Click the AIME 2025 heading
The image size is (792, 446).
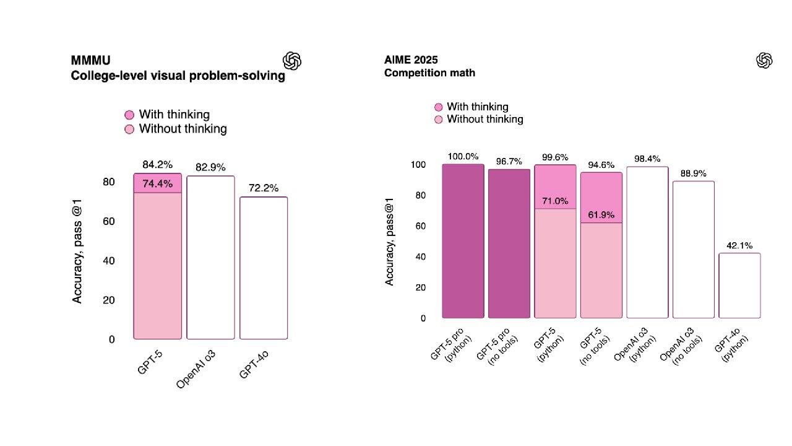[411, 60]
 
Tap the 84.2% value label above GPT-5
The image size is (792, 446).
[158, 165]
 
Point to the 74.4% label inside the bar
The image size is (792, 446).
[158, 184]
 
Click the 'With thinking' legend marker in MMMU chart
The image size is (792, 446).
[129, 115]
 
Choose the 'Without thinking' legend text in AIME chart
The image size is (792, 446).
[485, 119]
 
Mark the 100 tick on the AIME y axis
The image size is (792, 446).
[418, 165]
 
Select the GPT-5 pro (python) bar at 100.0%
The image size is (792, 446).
[463, 241]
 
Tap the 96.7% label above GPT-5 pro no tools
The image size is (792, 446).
[509, 162]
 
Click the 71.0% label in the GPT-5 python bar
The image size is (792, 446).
[555, 201]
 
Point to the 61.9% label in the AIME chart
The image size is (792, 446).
[601, 215]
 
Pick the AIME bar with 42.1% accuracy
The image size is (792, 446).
[739, 286]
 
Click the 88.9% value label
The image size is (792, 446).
[693, 173]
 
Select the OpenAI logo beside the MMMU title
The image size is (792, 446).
[292, 61]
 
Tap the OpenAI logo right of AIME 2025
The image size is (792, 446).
[765, 61]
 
